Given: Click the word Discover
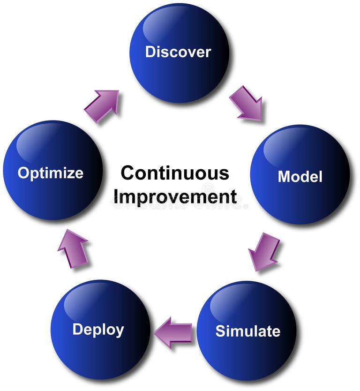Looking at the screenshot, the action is [178, 52].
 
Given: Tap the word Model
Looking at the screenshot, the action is [300, 176].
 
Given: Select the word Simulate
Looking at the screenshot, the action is [247, 331].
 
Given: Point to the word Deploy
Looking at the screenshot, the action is [98, 330].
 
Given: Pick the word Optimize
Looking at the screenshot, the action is [51, 173].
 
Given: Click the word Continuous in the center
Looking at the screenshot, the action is [175, 173].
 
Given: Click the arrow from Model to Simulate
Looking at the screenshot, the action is [263, 252].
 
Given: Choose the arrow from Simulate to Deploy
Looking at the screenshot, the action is [173, 332].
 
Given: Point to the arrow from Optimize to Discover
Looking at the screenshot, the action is [102, 105].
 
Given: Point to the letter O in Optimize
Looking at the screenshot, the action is [23, 173].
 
